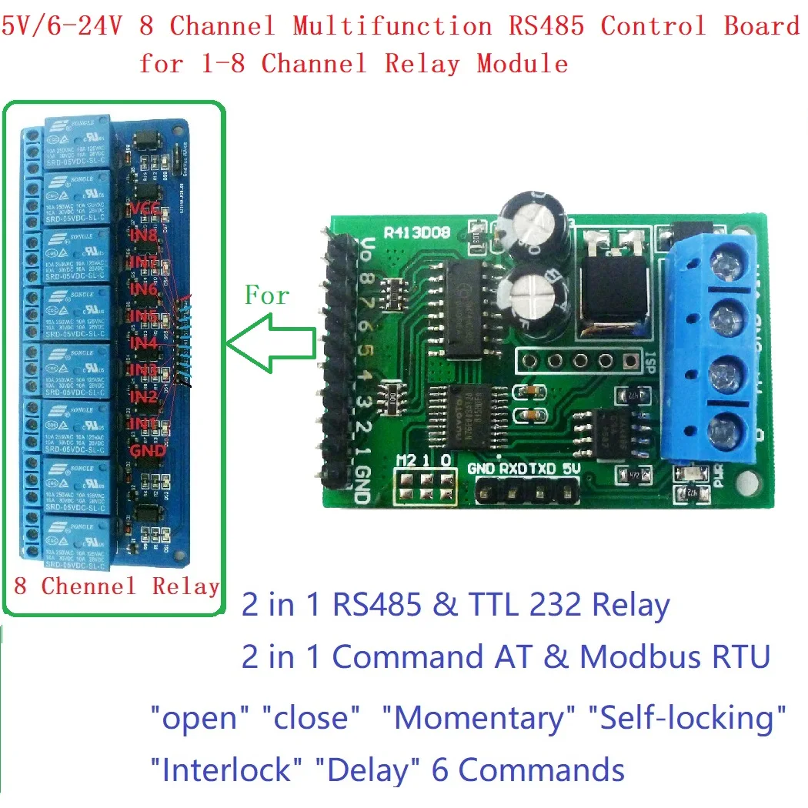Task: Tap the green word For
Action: tap(267, 295)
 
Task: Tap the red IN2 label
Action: tap(144, 397)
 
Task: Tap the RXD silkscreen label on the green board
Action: tap(513, 467)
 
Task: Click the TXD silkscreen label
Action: tap(544, 467)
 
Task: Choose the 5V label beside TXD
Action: tap(570, 467)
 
